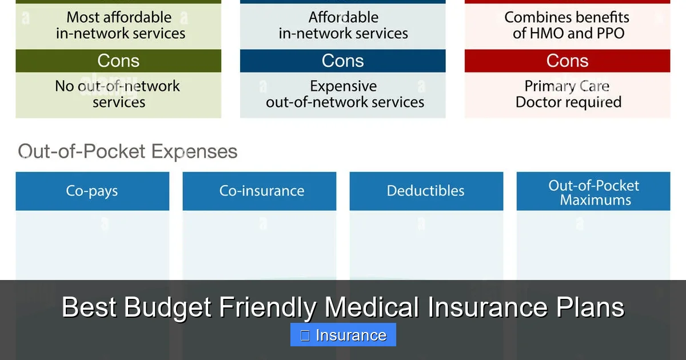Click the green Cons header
click(x=118, y=61)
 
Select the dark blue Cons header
click(x=342, y=61)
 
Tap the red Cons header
click(x=567, y=61)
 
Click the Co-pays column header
click(x=92, y=191)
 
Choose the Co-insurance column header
click(x=262, y=191)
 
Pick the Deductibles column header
click(x=426, y=191)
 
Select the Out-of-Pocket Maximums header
click(x=593, y=193)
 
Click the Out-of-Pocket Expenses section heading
click(x=127, y=151)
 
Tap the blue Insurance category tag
click(x=343, y=335)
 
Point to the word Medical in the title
click(x=372, y=307)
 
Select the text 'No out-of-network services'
click(x=118, y=94)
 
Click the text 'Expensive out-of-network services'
click(x=345, y=94)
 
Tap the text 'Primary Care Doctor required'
click(x=568, y=94)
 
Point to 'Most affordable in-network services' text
click(x=120, y=26)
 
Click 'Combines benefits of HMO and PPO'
click(x=567, y=26)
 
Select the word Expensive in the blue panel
click(x=344, y=86)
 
